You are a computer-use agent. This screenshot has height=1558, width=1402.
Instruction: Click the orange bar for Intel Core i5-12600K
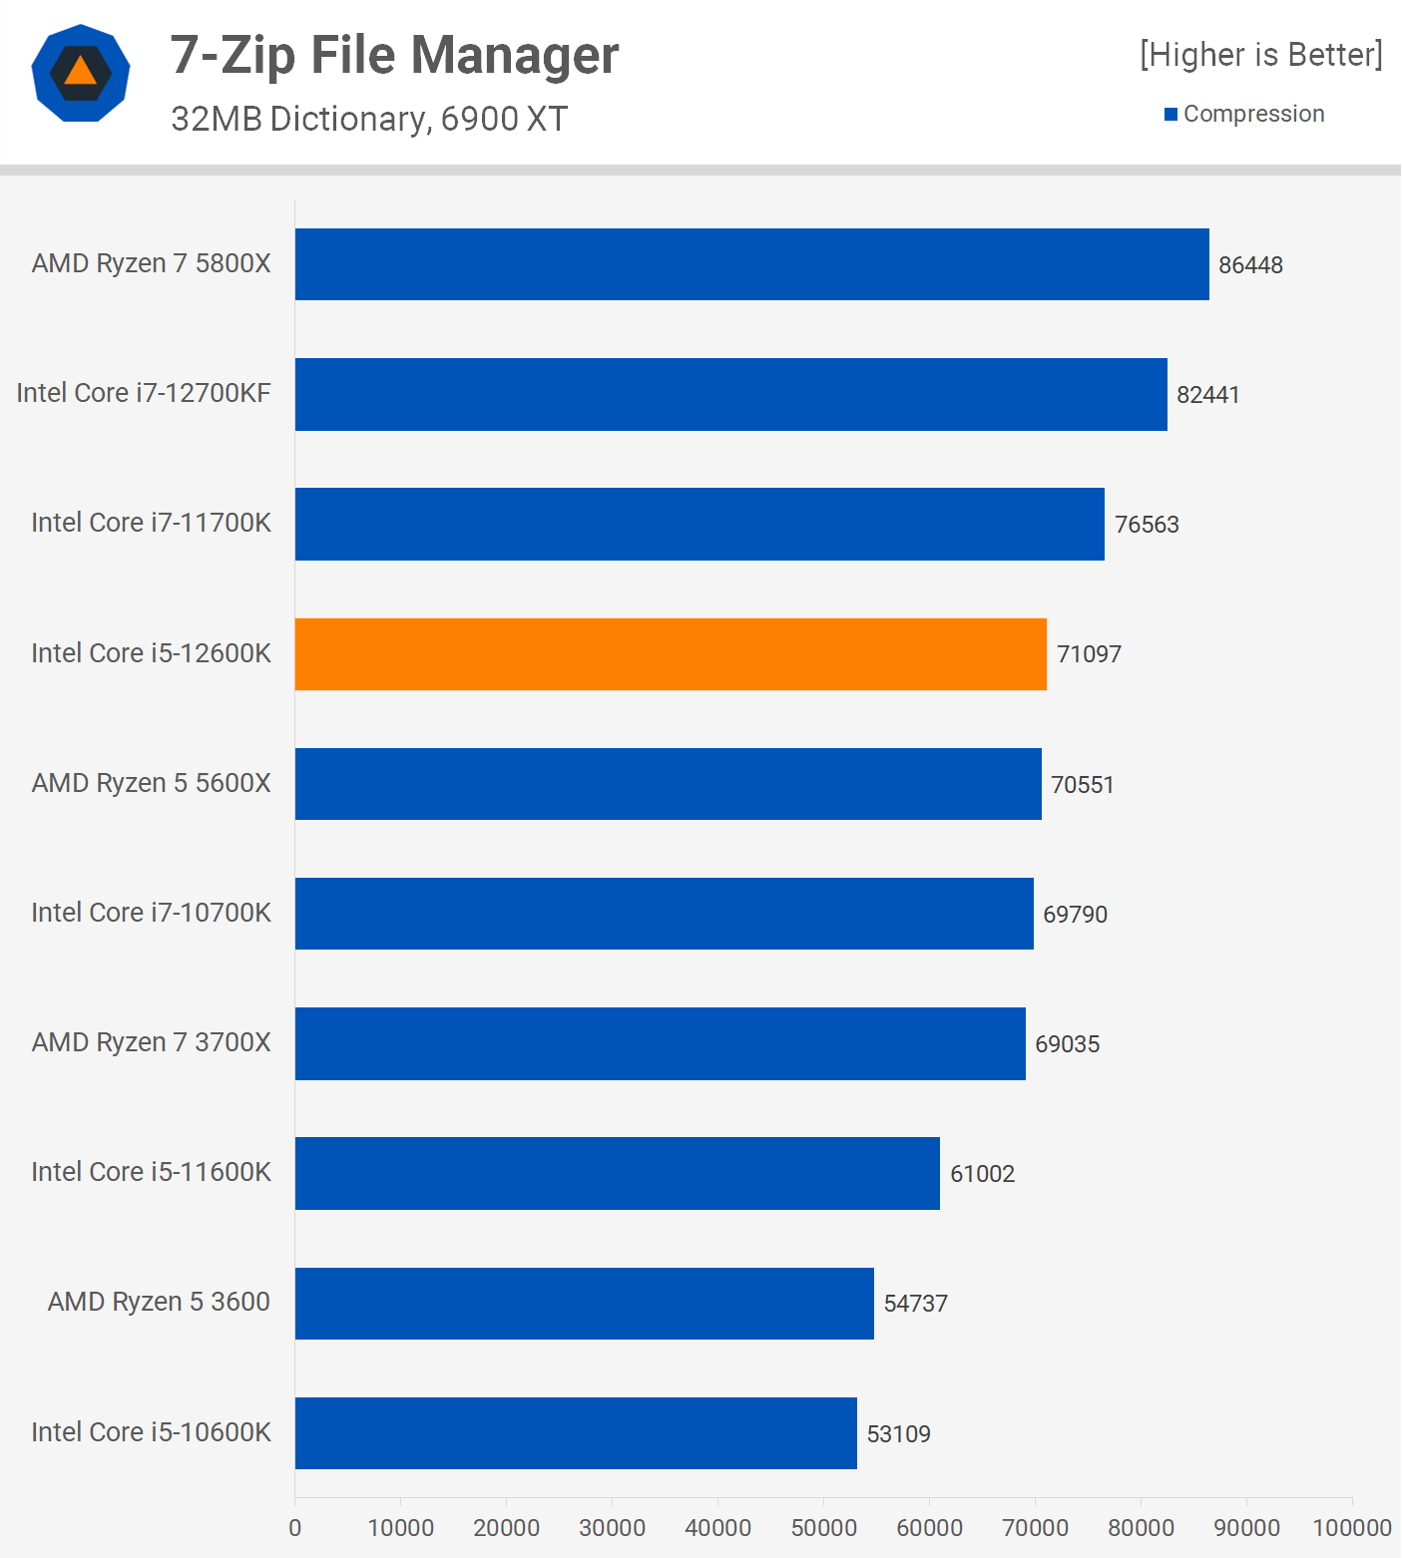(671, 654)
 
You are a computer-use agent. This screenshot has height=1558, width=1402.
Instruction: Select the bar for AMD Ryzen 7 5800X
(751, 264)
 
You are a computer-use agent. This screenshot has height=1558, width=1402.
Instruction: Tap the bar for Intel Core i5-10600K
(576, 1433)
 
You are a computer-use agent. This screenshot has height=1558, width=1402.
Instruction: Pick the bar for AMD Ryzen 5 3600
(584, 1304)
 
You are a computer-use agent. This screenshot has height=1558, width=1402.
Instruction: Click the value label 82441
(1207, 395)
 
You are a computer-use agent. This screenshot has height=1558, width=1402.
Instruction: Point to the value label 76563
(1147, 525)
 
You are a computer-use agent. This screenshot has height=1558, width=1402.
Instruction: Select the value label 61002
(982, 1174)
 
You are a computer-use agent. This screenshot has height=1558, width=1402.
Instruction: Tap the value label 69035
(1067, 1044)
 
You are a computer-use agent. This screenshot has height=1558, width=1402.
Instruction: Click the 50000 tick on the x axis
(823, 1528)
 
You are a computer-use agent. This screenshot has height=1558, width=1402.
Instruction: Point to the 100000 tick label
(1351, 1528)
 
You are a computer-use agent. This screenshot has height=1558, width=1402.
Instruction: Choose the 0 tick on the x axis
(294, 1528)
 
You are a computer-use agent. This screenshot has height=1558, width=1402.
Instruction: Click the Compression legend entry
(1253, 114)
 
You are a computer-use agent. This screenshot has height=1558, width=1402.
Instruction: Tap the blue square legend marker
(1170, 115)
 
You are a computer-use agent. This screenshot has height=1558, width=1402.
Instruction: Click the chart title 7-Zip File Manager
(394, 55)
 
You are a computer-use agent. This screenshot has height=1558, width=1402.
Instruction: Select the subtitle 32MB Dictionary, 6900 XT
(368, 119)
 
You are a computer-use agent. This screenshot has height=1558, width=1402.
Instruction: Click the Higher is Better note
(1261, 54)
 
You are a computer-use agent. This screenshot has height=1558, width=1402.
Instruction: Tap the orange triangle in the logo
(80, 72)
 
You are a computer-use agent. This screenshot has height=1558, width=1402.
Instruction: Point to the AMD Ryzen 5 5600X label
(151, 783)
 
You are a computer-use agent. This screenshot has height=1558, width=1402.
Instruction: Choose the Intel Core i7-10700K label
(151, 913)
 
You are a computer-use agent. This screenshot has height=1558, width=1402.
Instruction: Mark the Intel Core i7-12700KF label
(144, 393)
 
